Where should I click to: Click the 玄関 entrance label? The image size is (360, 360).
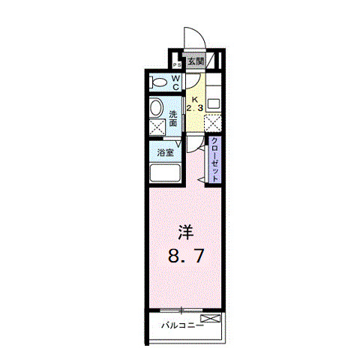click(x=194, y=61)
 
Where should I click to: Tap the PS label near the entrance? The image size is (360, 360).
click(x=177, y=64)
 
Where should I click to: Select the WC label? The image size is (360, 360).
click(x=175, y=82)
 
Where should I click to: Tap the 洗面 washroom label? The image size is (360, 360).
click(x=173, y=118)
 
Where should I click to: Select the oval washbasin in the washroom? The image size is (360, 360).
click(x=156, y=108)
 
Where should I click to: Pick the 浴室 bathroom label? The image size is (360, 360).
click(x=166, y=151)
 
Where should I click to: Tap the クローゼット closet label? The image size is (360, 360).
click(x=214, y=158)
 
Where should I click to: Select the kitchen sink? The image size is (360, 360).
click(x=214, y=102)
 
